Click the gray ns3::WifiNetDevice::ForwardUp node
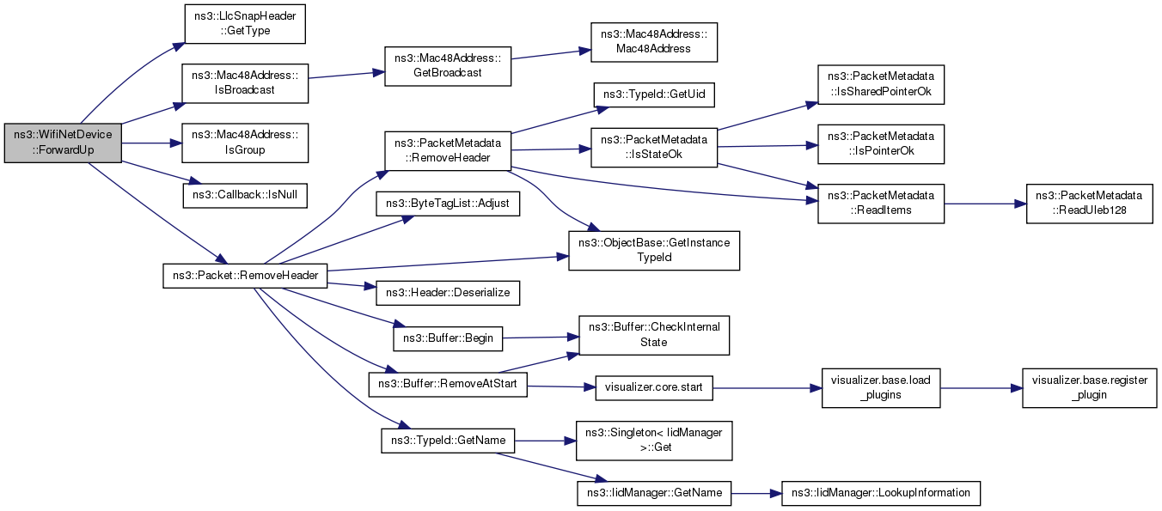click(63, 143)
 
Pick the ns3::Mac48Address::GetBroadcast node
click(448, 64)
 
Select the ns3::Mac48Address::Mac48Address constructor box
click(653, 42)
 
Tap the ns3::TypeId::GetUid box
click(653, 94)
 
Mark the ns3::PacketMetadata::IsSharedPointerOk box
click(880, 83)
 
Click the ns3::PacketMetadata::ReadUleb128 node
click(1089, 204)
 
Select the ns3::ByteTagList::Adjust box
click(447, 204)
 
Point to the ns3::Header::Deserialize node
click(447, 292)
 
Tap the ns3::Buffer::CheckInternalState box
click(654, 335)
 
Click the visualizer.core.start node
click(654, 387)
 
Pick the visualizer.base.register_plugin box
click(1089, 387)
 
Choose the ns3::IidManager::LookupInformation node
click(880, 493)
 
